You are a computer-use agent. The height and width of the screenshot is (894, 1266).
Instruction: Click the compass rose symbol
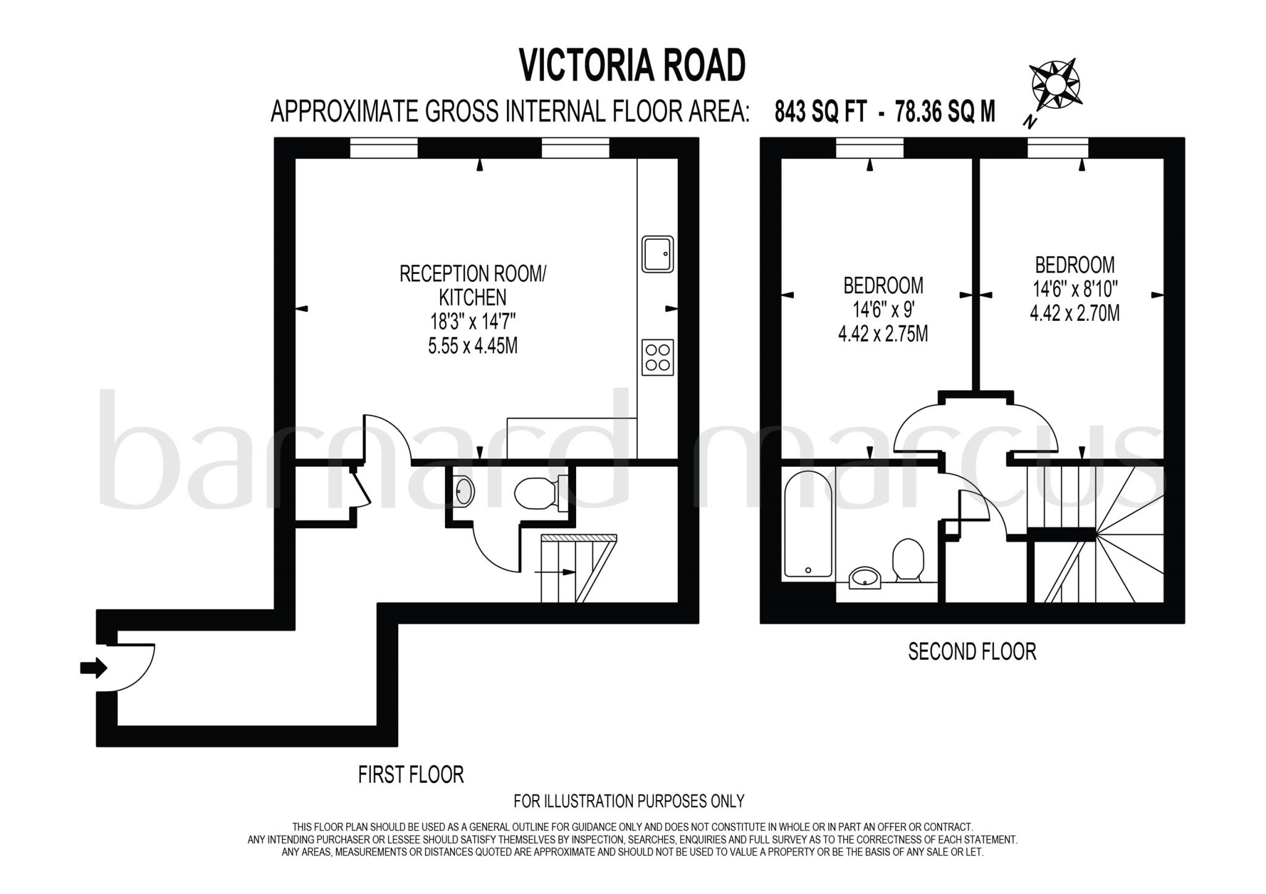pyautogui.click(x=1055, y=84)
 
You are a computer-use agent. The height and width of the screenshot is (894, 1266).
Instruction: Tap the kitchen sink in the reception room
pyautogui.click(x=657, y=253)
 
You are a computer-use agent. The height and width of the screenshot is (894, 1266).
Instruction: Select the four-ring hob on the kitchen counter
pyautogui.click(x=657, y=357)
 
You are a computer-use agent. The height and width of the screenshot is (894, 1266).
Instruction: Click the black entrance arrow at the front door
pyautogui.click(x=93, y=668)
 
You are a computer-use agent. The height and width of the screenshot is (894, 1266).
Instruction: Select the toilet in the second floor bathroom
pyautogui.click(x=907, y=558)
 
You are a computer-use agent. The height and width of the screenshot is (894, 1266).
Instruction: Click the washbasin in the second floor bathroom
pyautogui.click(x=865, y=578)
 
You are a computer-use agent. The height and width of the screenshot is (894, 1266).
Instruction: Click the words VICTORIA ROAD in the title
pyautogui.click(x=632, y=66)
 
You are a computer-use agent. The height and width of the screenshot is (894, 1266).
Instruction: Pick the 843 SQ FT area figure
pyautogui.click(x=820, y=112)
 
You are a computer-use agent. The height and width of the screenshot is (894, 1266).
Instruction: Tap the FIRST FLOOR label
pyautogui.click(x=410, y=775)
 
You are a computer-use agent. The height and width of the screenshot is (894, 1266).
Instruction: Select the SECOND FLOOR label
pyautogui.click(x=972, y=652)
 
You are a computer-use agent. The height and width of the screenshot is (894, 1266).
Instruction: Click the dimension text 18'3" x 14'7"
pyautogui.click(x=473, y=321)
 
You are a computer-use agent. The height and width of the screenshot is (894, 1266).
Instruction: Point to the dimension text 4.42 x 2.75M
pyautogui.click(x=883, y=334)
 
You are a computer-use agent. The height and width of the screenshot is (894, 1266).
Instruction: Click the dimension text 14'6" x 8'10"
pyautogui.click(x=1074, y=289)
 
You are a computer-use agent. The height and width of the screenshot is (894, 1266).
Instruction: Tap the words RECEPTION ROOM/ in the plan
pyautogui.click(x=473, y=274)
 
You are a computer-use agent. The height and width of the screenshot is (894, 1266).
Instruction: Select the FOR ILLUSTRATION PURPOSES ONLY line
pyautogui.click(x=629, y=801)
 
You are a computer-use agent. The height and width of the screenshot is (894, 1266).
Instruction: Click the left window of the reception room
pyautogui.click(x=384, y=148)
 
